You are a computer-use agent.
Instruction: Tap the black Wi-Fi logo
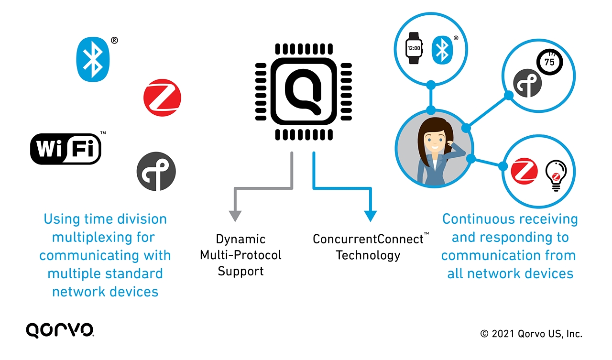[66, 149]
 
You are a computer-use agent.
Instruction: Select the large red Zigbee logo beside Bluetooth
[162, 98]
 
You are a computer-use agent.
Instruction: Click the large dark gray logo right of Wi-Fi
[156, 171]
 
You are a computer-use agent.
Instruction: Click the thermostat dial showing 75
[549, 62]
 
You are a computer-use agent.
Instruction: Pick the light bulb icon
[556, 175]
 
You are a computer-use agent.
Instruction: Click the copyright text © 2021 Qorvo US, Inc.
[531, 334]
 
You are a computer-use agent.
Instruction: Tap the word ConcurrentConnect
[368, 239]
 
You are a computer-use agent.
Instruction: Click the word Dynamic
[240, 239]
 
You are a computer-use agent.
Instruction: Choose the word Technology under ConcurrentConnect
[368, 255]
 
